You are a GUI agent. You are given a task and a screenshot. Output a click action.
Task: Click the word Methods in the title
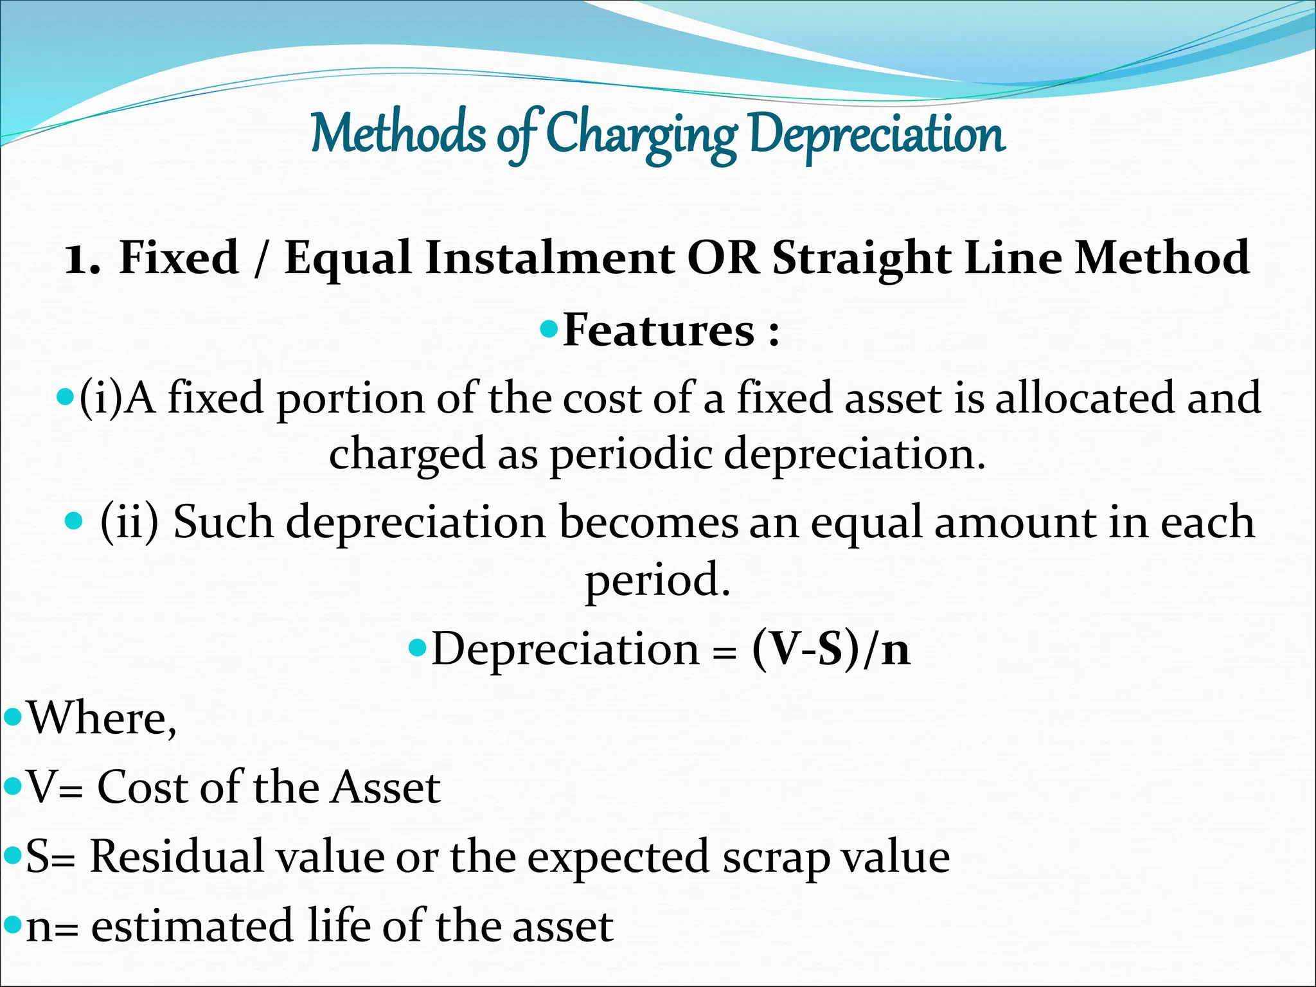coord(398,134)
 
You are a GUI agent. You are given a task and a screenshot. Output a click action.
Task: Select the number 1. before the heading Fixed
coord(82,258)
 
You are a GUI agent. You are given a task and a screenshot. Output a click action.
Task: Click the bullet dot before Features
coord(549,330)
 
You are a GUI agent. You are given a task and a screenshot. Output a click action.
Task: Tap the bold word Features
coord(659,330)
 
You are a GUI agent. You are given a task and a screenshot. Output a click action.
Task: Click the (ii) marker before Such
coord(129,522)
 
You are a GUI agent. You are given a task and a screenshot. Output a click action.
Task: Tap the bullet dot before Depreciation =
coord(418,647)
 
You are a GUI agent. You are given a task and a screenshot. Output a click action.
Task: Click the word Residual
coord(177,857)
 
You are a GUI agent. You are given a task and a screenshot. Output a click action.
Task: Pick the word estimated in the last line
coord(193,926)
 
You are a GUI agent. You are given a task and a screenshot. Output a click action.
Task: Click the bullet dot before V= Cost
coord(13,785)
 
